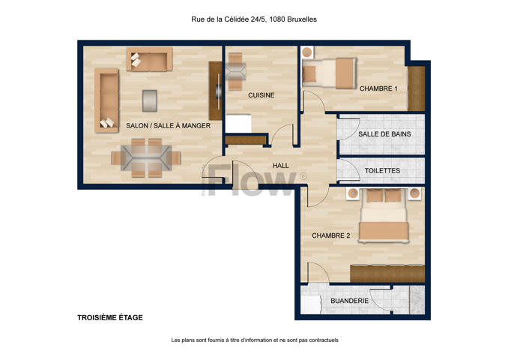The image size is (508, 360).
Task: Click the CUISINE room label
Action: [261, 95]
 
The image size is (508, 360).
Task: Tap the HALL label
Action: [280, 166]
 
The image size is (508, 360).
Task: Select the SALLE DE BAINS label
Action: [384, 134]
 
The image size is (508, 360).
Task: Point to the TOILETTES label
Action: [382, 170]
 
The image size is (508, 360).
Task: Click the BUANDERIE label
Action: [349, 301]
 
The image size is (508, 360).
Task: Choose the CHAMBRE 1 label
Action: [378, 88]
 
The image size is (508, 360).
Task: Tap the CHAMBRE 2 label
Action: [330, 235]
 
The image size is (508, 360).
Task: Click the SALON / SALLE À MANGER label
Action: [168, 125]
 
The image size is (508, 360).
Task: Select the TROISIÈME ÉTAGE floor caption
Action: [110, 317]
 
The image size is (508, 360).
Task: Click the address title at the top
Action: [254, 19]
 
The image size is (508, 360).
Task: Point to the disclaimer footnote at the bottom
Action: [255, 340]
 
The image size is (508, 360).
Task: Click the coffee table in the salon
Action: [150, 100]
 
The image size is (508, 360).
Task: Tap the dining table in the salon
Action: [146, 157]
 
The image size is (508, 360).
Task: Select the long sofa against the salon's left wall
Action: [106, 100]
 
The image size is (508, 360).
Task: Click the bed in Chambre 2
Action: [384, 215]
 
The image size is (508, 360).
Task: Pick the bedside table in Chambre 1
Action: [307, 52]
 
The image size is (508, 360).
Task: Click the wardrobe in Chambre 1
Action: [416, 88]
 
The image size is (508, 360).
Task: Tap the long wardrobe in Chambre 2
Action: [387, 274]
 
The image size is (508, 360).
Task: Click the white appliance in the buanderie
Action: [310, 304]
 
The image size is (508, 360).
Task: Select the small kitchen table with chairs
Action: [235, 72]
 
